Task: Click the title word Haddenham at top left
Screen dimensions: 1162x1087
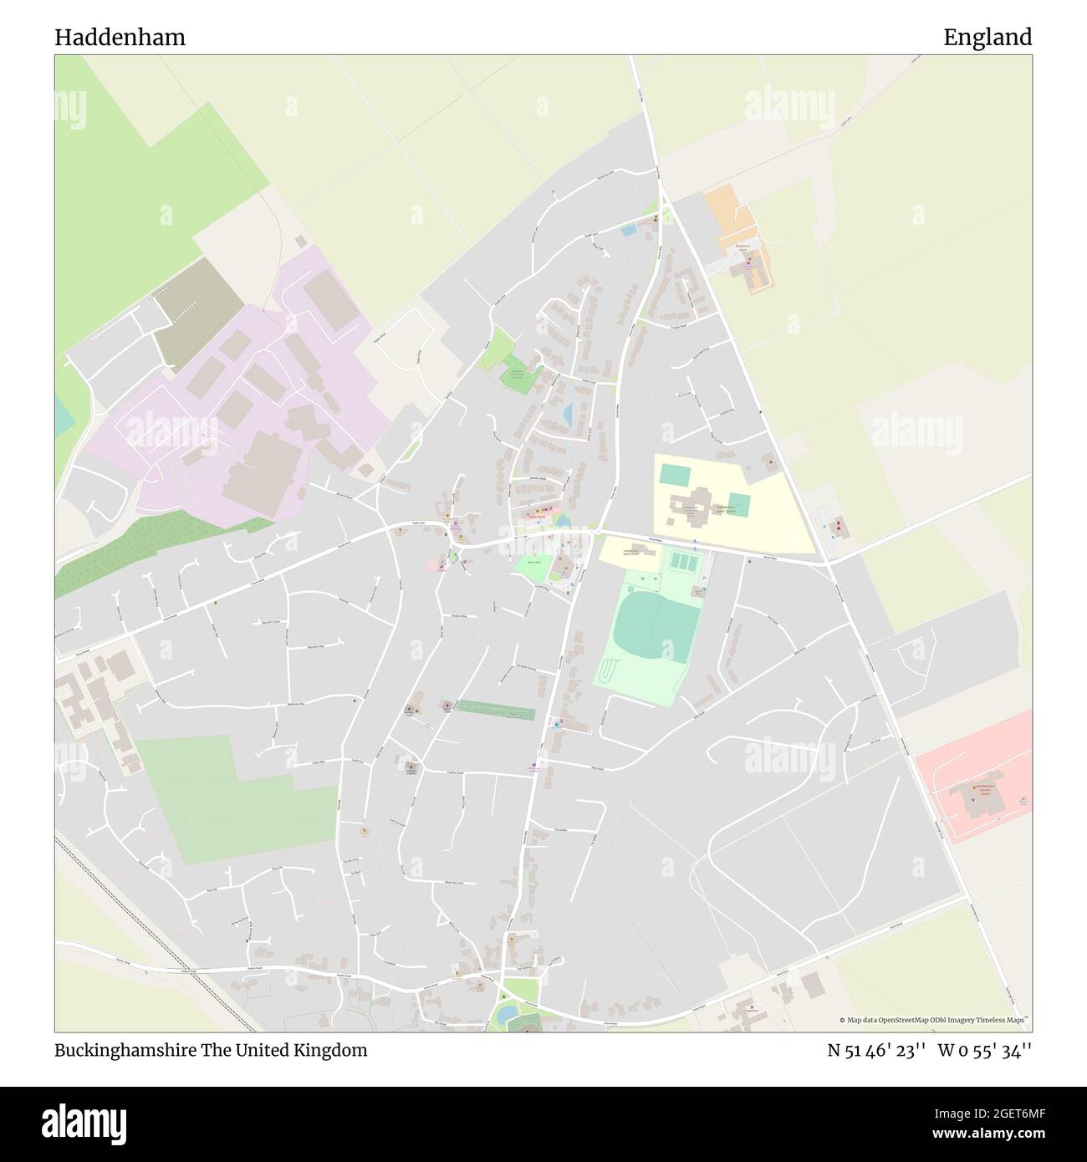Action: tap(120, 37)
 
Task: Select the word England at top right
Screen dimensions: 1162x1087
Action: tap(987, 37)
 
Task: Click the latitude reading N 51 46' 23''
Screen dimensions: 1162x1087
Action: tap(875, 1050)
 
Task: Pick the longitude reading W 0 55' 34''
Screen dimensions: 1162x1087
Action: tap(985, 1050)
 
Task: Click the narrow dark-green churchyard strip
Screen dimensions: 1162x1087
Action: tap(495, 710)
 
